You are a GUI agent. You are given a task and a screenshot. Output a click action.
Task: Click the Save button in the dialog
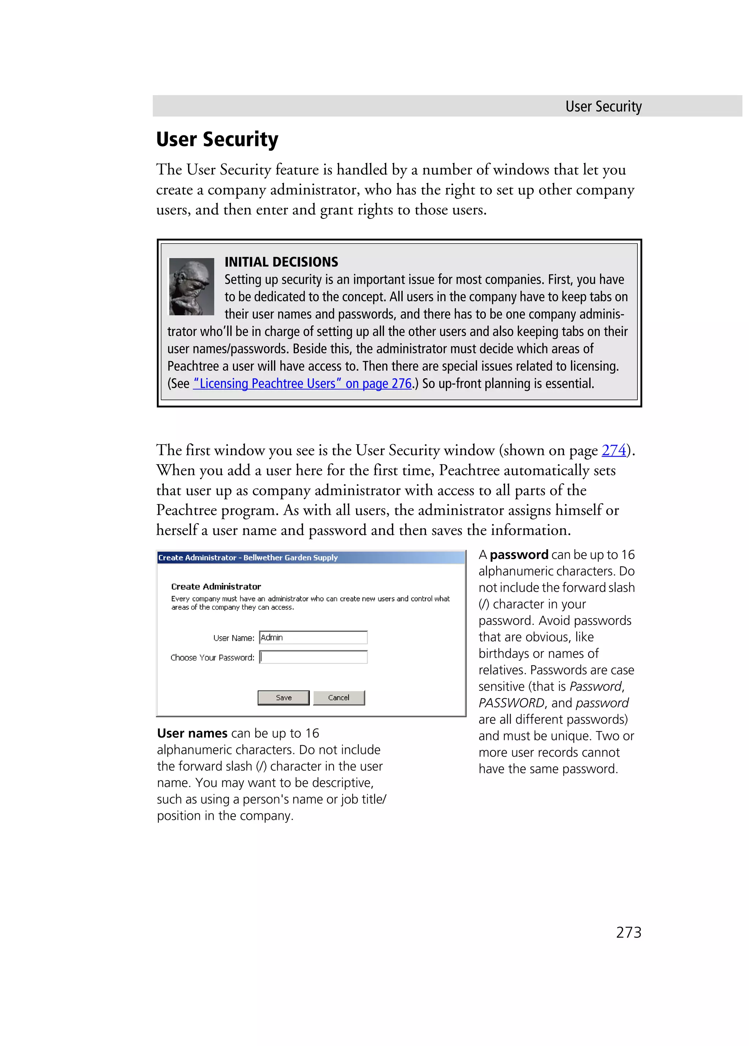click(283, 697)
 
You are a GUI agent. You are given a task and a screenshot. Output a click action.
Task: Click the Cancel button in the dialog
click(339, 697)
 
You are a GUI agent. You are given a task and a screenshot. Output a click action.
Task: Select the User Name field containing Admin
click(313, 637)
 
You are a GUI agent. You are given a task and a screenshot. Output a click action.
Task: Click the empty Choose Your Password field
click(313, 657)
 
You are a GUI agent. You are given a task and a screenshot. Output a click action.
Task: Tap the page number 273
click(628, 932)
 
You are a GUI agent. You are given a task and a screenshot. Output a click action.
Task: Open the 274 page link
click(613, 450)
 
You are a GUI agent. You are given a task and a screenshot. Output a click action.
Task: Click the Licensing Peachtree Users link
click(302, 383)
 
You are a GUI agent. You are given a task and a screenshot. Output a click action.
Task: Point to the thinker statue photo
click(191, 286)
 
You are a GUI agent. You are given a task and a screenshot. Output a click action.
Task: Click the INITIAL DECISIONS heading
click(281, 262)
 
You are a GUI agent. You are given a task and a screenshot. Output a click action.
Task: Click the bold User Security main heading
click(217, 139)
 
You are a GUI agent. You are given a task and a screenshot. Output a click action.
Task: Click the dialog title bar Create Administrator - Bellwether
click(248, 557)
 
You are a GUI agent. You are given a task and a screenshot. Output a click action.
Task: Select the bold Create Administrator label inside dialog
click(216, 586)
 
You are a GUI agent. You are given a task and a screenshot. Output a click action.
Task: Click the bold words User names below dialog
click(192, 733)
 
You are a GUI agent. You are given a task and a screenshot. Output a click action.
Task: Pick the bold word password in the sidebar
click(519, 554)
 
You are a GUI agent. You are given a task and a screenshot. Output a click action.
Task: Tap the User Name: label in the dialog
click(234, 638)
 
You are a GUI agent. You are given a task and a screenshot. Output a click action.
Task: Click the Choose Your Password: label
click(212, 657)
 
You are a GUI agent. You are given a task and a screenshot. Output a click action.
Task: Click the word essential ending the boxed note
click(570, 383)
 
